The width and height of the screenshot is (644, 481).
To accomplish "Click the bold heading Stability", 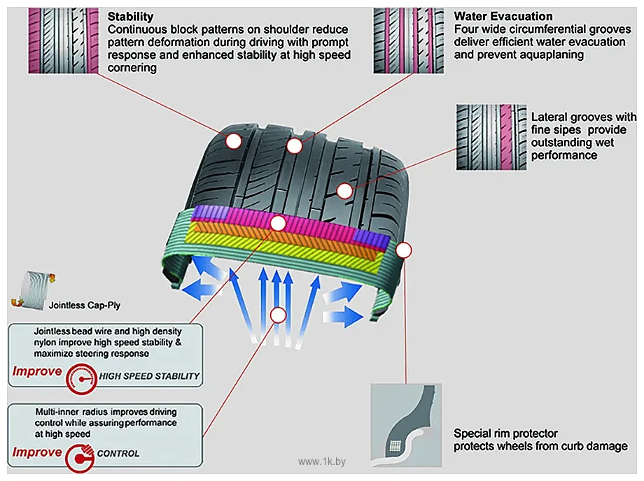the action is (130, 17).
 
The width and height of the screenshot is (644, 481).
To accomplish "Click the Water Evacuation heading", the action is (503, 16).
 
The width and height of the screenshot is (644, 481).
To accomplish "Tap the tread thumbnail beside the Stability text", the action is (63, 41).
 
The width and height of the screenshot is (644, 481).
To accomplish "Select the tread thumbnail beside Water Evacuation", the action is (408, 41).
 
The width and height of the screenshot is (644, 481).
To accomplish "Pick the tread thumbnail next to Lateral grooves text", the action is (491, 137).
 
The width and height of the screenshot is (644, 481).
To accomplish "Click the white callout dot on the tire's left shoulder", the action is (234, 141).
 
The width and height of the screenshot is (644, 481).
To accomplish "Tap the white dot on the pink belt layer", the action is (278, 224).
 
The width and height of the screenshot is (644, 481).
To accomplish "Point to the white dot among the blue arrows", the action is (278, 315).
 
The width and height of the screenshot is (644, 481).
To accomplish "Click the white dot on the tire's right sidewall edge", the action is (404, 250).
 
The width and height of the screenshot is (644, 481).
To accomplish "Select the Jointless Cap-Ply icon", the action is (34, 290).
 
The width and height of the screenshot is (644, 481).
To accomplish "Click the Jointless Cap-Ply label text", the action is (85, 306).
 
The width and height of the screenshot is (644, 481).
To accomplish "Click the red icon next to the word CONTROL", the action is (80, 458).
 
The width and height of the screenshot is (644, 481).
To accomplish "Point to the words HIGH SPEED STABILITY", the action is (149, 376).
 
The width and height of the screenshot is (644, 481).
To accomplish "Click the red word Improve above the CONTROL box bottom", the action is (37, 452).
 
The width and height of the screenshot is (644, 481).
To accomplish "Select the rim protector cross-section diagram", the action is (406, 425).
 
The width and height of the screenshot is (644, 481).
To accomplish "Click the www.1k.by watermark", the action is (322, 461).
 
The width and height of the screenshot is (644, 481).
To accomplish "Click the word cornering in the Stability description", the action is (132, 68).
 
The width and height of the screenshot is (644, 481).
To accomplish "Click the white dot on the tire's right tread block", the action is (344, 191).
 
